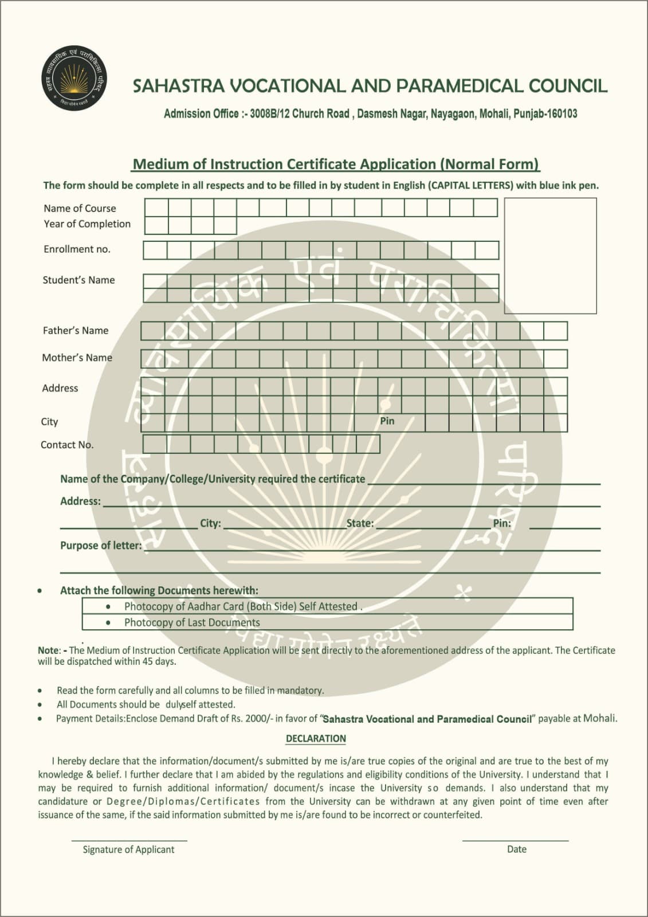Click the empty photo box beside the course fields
pyautogui.click(x=550, y=256)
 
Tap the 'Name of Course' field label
pyautogui.click(x=80, y=208)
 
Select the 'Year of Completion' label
pyautogui.click(x=87, y=224)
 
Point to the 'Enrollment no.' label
pyautogui.click(x=77, y=249)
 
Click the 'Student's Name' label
pyautogui.click(x=78, y=280)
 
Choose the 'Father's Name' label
pyautogui.click(x=75, y=330)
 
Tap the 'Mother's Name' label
pyautogui.click(x=77, y=358)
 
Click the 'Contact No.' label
pyautogui.click(x=66, y=445)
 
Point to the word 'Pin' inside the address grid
pyautogui.click(x=387, y=421)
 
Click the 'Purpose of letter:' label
pyautogui.click(x=101, y=545)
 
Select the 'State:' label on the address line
pyautogui.click(x=360, y=523)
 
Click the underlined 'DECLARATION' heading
pyautogui.click(x=316, y=738)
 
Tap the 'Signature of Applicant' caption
pyautogui.click(x=128, y=849)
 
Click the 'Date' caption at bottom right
pyautogui.click(x=516, y=849)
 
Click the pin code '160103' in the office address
pyautogui.click(x=562, y=113)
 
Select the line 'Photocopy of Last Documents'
pyautogui.click(x=192, y=622)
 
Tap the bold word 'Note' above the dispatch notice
pyautogui.click(x=48, y=650)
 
